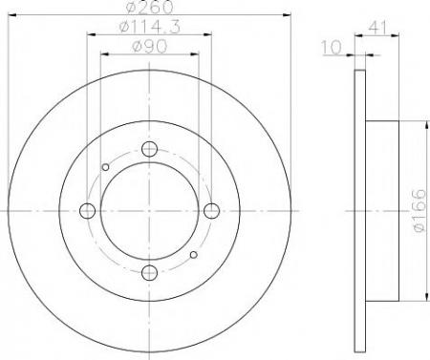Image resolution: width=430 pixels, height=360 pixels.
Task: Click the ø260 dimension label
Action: click(x=150, y=7)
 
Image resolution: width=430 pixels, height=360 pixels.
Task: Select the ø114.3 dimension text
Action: click(x=150, y=27)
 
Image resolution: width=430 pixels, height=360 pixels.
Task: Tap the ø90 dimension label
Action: click(x=149, y=47)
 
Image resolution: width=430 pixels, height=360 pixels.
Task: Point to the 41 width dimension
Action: click(x=377, y=28)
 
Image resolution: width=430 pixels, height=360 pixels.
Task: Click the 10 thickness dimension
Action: click(x=332, y=48)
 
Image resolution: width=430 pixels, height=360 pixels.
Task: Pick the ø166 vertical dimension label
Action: click(x=419, y=211)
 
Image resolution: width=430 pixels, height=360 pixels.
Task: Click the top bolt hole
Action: click(x=149, y=149)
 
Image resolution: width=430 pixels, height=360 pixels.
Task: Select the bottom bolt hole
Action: click(x=149, y=273)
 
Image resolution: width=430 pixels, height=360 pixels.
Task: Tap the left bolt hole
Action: click(x=87, y=211)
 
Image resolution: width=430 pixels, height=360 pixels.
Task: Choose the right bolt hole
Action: click(x=211, y=211)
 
